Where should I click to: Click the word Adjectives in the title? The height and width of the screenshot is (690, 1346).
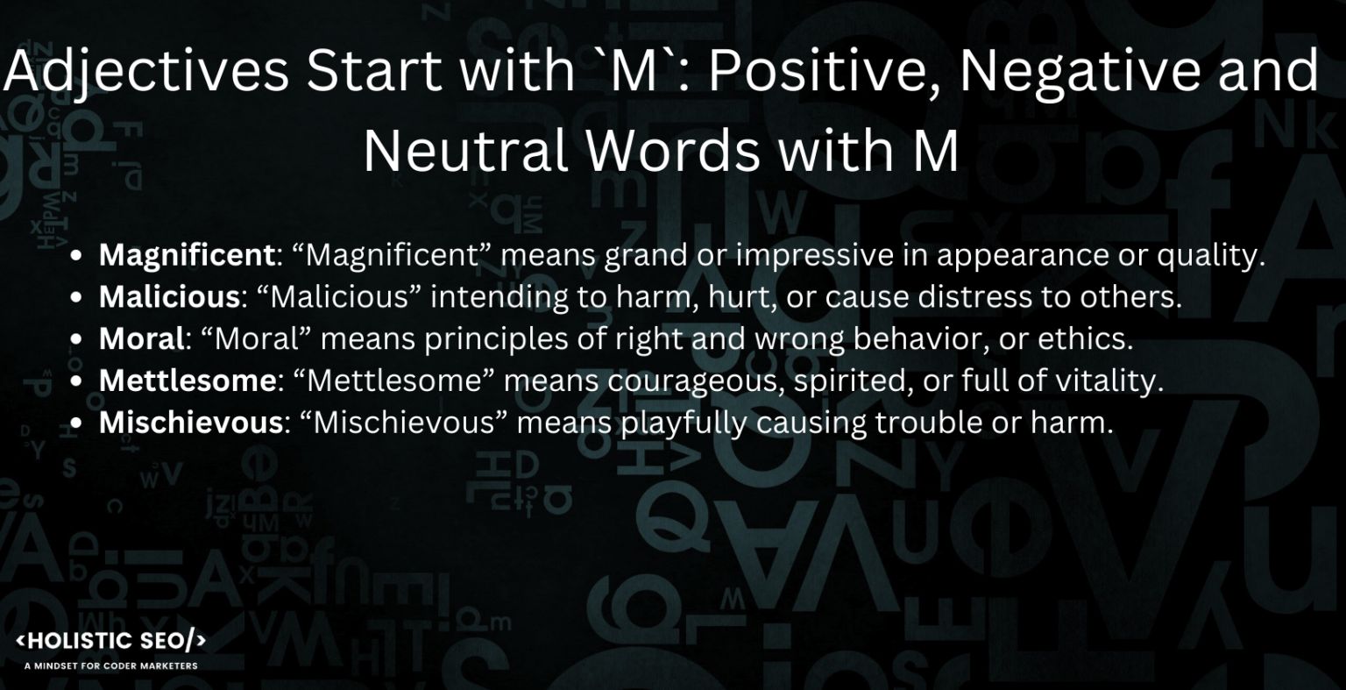(x=145, y=72)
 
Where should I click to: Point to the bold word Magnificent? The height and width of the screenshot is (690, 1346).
(x=187, y=255)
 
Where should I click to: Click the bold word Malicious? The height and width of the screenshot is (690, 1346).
(x=169, y=297)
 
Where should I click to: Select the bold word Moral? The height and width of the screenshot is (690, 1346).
(x=142, y=338)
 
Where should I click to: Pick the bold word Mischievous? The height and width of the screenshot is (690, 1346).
(x=189, y=423)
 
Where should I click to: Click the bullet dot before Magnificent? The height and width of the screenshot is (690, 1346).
(x=77, y=256)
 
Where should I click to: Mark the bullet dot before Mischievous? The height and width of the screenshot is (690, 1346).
(x=77, y=423)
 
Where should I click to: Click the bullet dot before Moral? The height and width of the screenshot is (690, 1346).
(x=77, y=339)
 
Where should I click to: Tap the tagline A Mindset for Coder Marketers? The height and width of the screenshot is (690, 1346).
(x=111, y=665)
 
